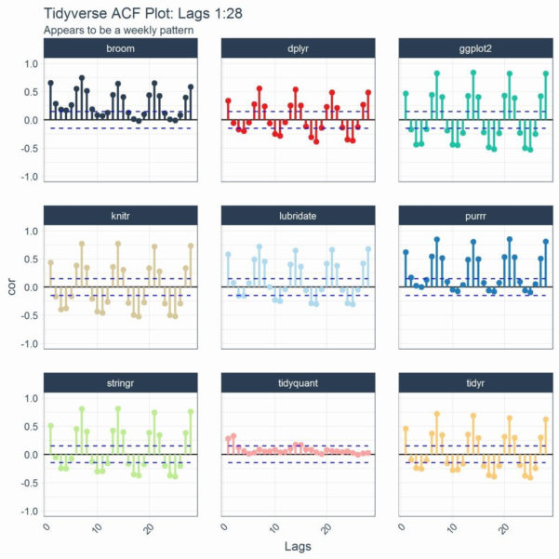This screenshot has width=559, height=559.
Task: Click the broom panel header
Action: tap(121, 48)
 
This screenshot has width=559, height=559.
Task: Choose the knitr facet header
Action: tap(121, 216)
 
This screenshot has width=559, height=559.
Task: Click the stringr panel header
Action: tap(121, 382)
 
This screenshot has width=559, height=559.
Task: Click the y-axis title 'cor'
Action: tap(11, 287)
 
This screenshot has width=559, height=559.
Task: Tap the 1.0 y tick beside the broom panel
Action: tap(31, 64)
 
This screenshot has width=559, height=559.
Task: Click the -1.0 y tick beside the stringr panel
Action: tap(29, 512)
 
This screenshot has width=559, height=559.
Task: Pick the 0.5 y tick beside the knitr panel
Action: tap(31, 260)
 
